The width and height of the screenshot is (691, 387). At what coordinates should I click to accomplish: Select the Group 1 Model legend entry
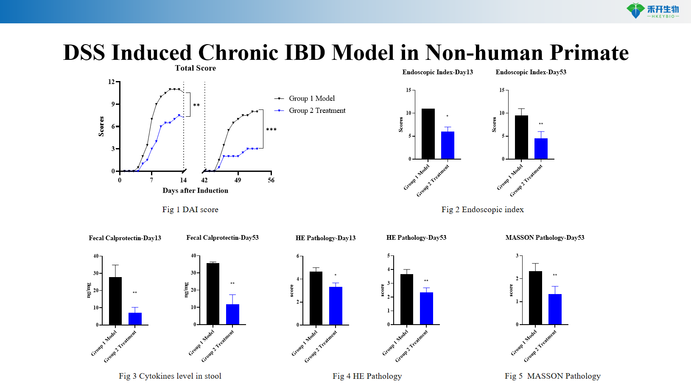point(311,98)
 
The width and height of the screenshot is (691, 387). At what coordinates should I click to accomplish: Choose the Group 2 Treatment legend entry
point(317,111)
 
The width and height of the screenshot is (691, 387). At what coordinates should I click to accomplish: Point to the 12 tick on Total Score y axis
point(111,81)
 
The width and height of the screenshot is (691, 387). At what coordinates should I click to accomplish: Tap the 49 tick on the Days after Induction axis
point(238,180)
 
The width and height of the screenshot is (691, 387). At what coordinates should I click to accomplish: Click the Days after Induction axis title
point(195,191)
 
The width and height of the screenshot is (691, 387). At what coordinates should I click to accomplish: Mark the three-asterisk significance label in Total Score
point(271,129)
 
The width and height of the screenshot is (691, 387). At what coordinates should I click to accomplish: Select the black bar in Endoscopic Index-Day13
point(428,134)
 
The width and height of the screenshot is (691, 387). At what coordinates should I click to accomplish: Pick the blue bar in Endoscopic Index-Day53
point(541,149)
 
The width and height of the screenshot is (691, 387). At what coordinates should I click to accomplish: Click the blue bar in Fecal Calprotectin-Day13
point(135,319)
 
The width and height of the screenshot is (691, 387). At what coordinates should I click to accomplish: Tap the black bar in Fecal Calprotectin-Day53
point(213,294)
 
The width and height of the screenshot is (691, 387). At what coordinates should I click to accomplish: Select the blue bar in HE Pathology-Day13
point(336,306)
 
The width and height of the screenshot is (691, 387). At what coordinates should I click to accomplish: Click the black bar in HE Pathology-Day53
point(406,299)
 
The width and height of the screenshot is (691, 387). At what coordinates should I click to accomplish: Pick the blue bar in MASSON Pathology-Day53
point(555,309)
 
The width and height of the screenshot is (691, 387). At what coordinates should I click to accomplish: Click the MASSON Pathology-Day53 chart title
point(545,238)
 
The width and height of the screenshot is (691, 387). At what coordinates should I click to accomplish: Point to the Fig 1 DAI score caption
point(190,210)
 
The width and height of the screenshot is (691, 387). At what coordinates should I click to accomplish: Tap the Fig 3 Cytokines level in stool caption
point(170,376)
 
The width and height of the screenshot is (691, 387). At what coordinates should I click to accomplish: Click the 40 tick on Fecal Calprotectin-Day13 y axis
point(96,256)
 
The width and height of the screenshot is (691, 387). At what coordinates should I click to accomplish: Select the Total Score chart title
point(195,68)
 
